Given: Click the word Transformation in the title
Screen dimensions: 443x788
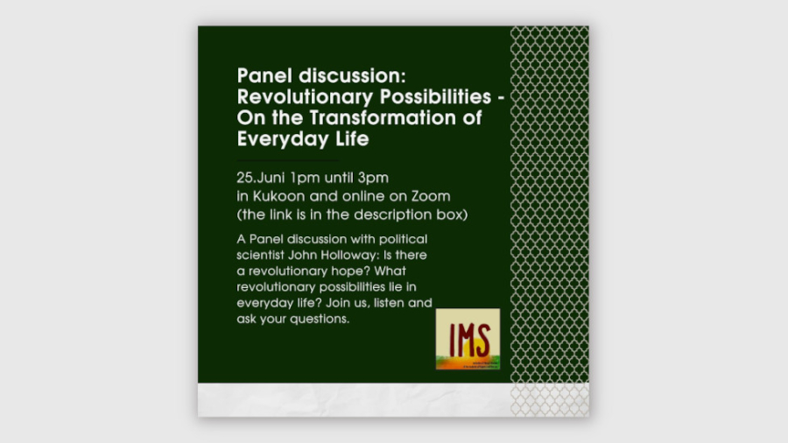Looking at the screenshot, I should (x=387, y=117).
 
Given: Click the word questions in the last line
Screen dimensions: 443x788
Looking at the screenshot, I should (x=320, y=320).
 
